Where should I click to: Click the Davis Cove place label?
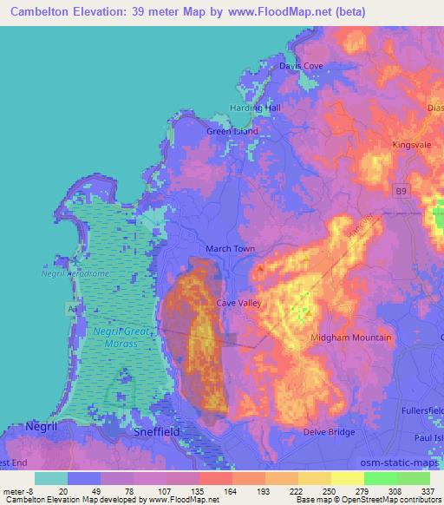[x=299, y=66]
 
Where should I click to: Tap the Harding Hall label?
[x=255, y=108]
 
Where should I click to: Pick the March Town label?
[x=229, y=249]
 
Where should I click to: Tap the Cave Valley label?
[x=240, y=303]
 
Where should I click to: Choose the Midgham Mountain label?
[x=351, y=337]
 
